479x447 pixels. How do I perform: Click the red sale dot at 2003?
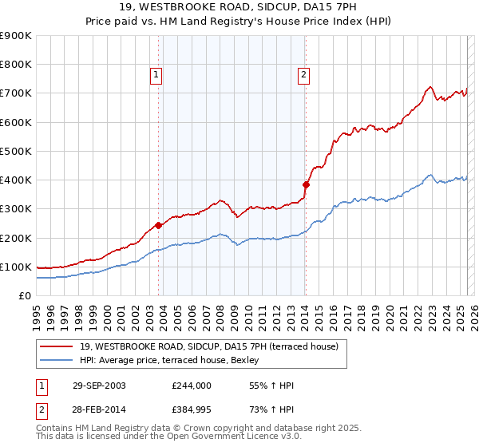tap(159, 225)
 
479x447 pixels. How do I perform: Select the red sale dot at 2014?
tap(306, 184)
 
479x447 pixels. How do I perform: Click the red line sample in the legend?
tap(57, 346)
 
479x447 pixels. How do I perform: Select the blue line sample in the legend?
tap(57, 359)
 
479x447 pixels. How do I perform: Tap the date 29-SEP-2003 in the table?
tap(98, 386)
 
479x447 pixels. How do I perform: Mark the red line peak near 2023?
tap(430, 86)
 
